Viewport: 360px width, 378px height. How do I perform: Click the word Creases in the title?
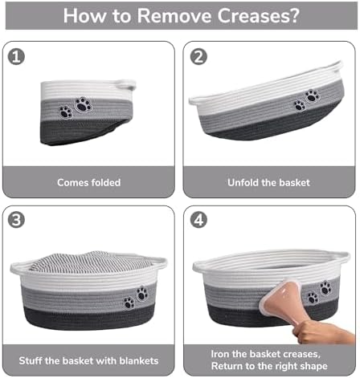tap(258, 16)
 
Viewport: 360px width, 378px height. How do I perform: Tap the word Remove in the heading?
tap(174, 16)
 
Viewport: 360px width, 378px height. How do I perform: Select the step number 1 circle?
tap(16, 57)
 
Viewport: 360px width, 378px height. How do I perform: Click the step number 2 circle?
tap(198, 57)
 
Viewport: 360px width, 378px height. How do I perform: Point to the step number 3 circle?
tap(16, 220)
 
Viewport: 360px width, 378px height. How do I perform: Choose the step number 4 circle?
tap(198, 220)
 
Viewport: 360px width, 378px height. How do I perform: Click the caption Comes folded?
tap(89, 182)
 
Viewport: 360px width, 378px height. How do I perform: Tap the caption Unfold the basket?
tap(268, 182)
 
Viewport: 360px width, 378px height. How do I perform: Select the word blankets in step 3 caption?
tap(139, 360)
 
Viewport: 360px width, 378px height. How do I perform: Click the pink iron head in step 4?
tap(279, 296)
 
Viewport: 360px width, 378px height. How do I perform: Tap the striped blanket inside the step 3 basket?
tap(90, 262)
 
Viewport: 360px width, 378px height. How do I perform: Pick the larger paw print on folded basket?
tap(84, 104)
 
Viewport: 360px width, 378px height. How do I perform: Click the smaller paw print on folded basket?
tap(66, 112)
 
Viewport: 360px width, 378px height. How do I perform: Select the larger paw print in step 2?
tap(312, 96)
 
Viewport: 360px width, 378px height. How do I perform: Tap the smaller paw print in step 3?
tap(129, 303)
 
